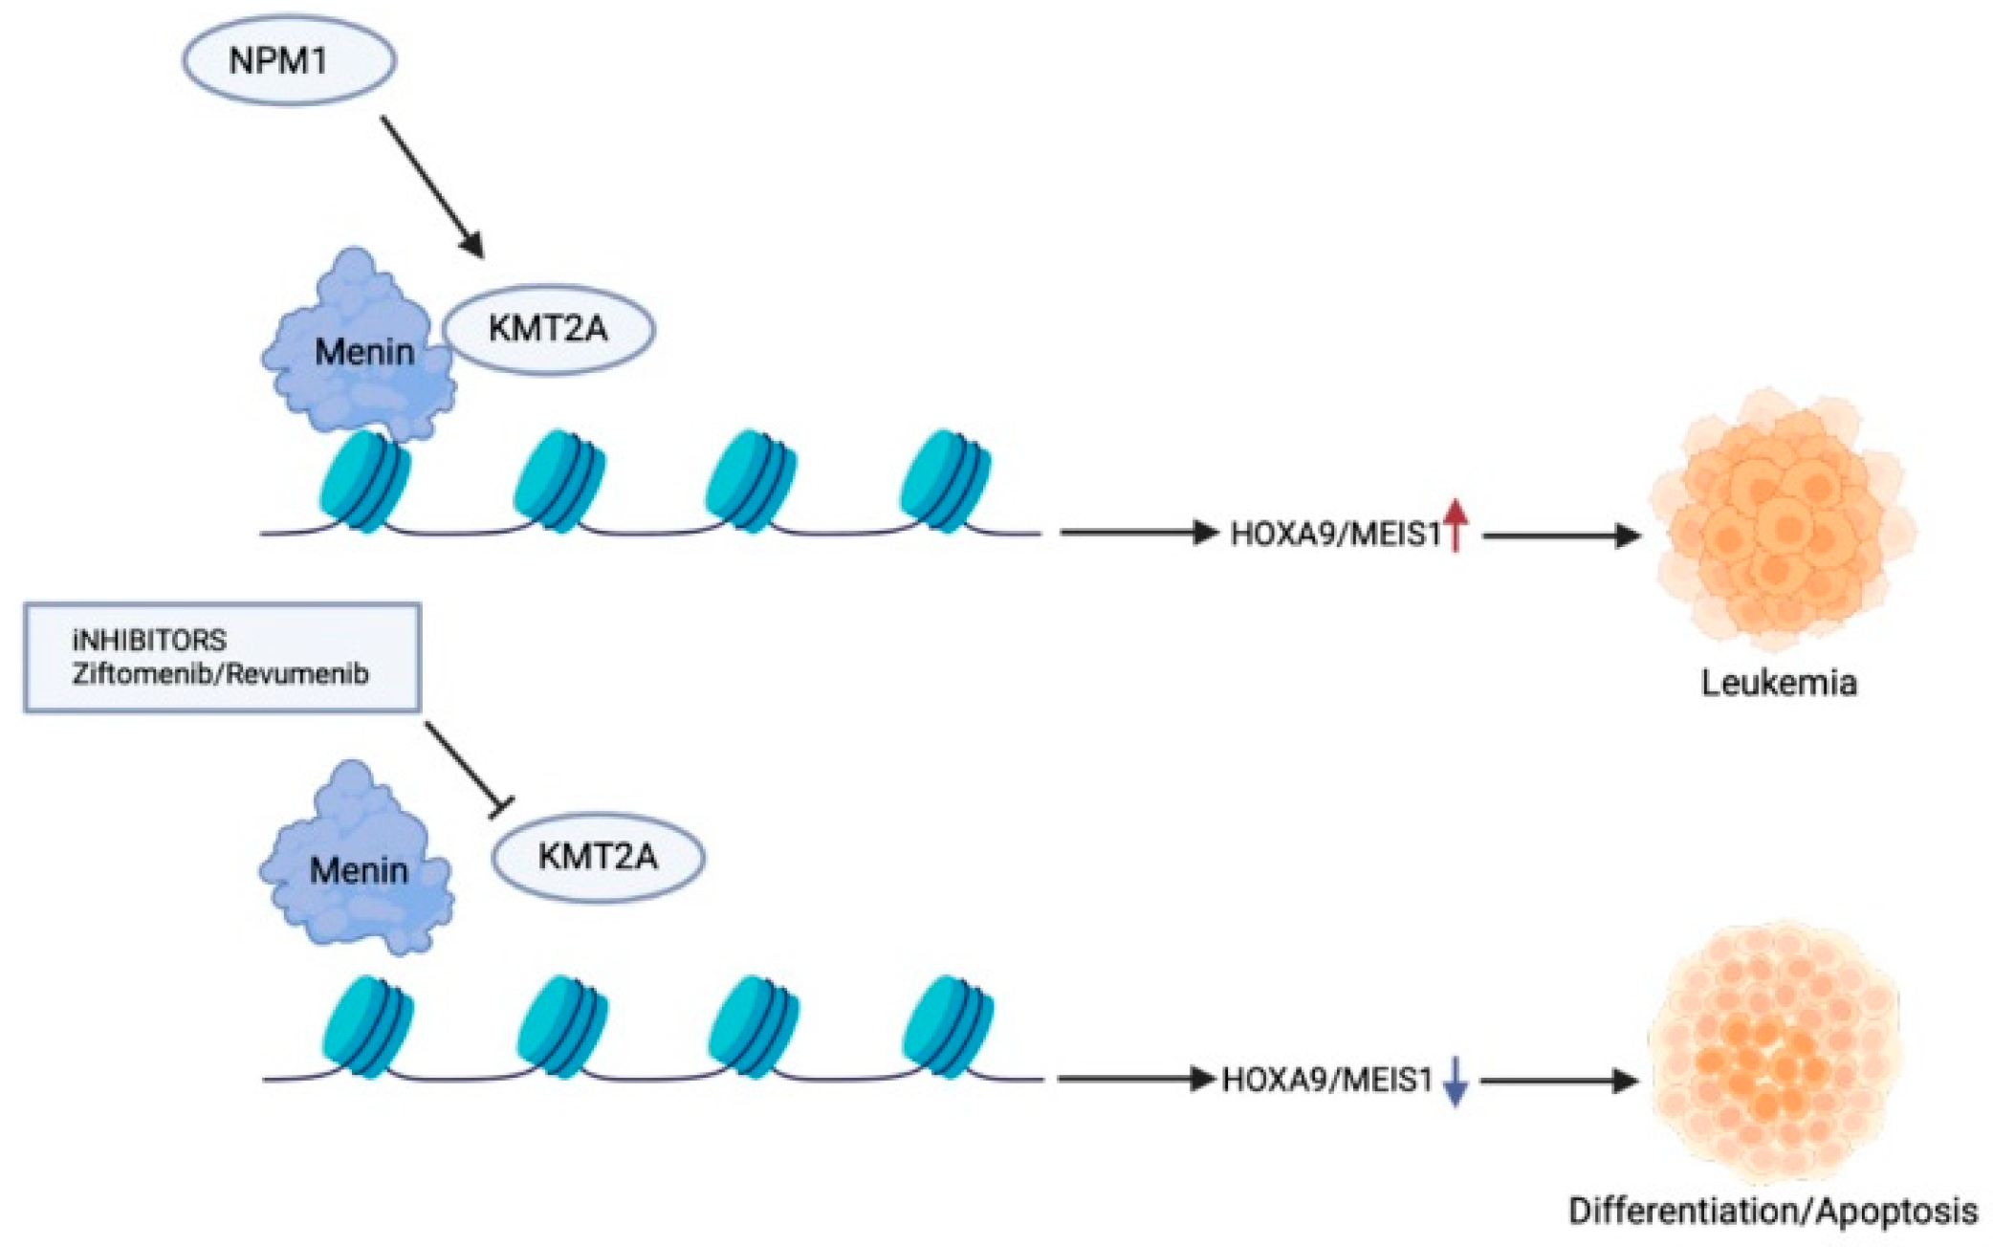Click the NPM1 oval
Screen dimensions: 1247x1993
[x=289, y=60]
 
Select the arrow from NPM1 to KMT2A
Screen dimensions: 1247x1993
[x=432, y=186]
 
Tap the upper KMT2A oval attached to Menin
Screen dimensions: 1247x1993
[x=549, y=329]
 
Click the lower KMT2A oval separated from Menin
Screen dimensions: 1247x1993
[x=599, y=856]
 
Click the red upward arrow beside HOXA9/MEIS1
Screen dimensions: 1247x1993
[x=1456, y=525]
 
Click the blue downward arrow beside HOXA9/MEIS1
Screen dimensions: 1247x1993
[x=1456, y=1082]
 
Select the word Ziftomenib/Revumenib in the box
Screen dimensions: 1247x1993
[x=220, y=674]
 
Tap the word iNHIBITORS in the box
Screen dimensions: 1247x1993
[x=149, y=640]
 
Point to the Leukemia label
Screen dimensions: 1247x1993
[x=1779, y=683]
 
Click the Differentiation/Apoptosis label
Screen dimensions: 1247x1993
[x=1772, y=1212]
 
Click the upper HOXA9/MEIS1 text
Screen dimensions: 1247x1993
[x=1334, y=534]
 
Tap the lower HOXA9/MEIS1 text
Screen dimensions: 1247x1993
[x=1327, y=1081]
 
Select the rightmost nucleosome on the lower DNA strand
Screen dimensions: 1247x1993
[x=948, y=1025]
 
